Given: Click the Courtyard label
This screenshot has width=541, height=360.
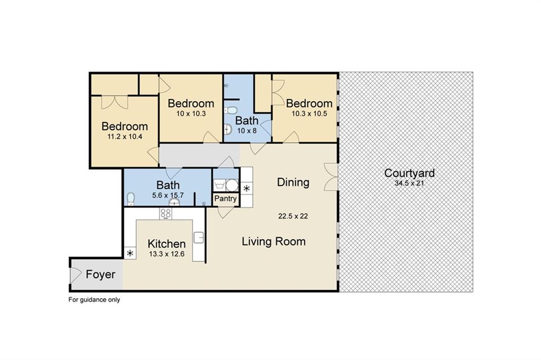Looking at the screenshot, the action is (409, 174).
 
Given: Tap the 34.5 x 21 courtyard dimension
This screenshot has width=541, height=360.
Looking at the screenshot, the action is (409, 183).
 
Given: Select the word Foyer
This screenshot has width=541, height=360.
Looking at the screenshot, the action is (100, 274).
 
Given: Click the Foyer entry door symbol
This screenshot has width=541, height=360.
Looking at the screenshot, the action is (75, 274).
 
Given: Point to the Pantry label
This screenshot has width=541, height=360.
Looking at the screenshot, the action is (225, 198).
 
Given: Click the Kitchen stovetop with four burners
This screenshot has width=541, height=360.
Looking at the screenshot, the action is (165, 213).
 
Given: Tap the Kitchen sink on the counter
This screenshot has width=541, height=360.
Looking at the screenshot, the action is (199, 238).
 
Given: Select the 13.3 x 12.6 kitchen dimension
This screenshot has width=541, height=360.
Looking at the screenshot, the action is (166, 254).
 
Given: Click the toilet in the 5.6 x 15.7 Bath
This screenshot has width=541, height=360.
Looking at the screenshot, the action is (130, 198).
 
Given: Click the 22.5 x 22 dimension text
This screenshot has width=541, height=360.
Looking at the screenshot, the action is (293, 216).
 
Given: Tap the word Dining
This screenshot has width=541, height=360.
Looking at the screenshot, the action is (293, 182).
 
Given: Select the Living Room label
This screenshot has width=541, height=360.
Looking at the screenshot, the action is (274, 241).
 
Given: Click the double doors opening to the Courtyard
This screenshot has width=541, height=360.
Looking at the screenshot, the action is (331, 177).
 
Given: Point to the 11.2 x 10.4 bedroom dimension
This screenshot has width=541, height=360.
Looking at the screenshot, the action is (125, 137).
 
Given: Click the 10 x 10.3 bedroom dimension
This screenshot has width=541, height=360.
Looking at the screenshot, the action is (191, 113).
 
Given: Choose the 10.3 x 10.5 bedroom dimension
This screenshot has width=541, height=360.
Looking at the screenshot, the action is (309, 113).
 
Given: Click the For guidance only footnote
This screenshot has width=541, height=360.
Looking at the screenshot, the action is (94, 300).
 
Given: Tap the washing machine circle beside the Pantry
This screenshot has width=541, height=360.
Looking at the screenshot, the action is (232, 185).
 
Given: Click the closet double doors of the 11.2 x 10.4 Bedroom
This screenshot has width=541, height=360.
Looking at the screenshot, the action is (115, 102).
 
